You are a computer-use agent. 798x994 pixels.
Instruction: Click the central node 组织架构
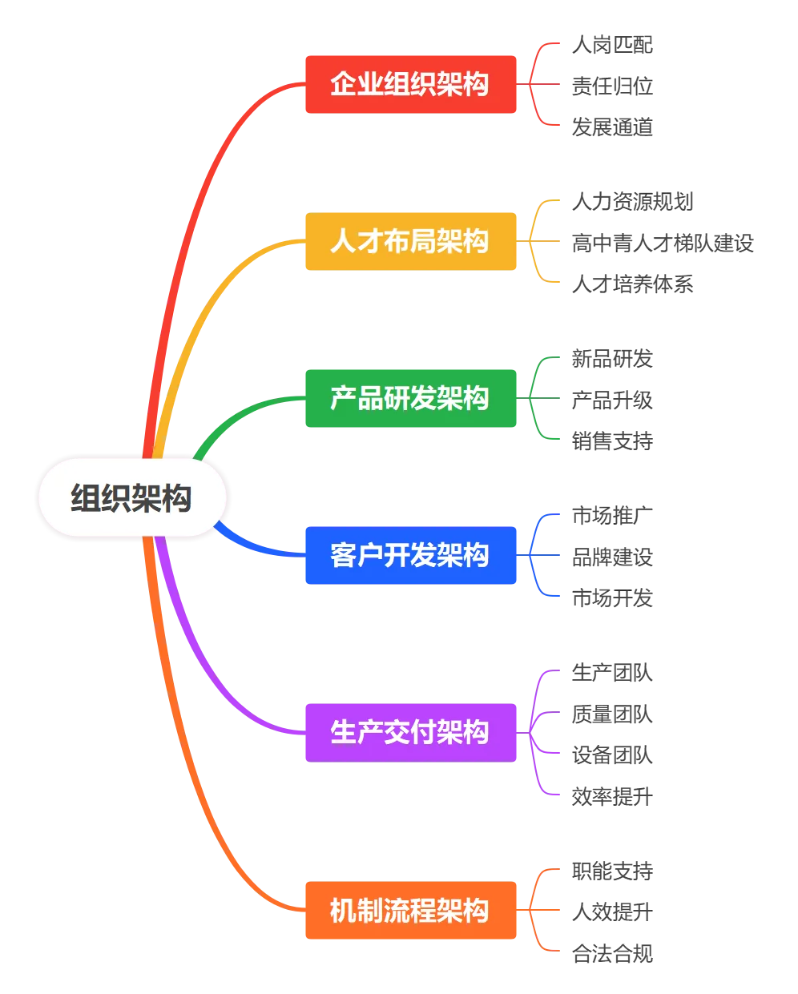tap(132, 497)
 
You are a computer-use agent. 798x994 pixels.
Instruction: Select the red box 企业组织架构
tap(410, 83)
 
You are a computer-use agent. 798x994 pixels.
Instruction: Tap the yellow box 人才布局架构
tap(410, 241)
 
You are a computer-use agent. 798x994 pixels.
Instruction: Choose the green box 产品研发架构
tap(410, 397)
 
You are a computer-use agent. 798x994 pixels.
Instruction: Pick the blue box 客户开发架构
tap(410, 554)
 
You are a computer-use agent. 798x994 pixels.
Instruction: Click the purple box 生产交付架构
tap(410, 731)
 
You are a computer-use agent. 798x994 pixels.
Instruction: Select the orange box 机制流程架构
tap(410, 910)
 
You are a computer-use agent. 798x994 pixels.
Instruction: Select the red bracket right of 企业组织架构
tap(538, 84)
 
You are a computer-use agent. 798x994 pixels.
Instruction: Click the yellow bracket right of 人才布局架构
tap(538, 241)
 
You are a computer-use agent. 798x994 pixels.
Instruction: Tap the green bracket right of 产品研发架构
tap(538, 397)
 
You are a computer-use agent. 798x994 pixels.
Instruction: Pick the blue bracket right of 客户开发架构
tap(538, 554)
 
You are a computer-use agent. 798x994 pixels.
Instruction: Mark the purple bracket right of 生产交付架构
tap(538, 731)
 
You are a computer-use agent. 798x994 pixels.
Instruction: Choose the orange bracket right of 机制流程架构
tap(538, 910)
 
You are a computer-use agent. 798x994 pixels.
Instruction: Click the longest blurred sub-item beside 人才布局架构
tap(663, 242)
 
